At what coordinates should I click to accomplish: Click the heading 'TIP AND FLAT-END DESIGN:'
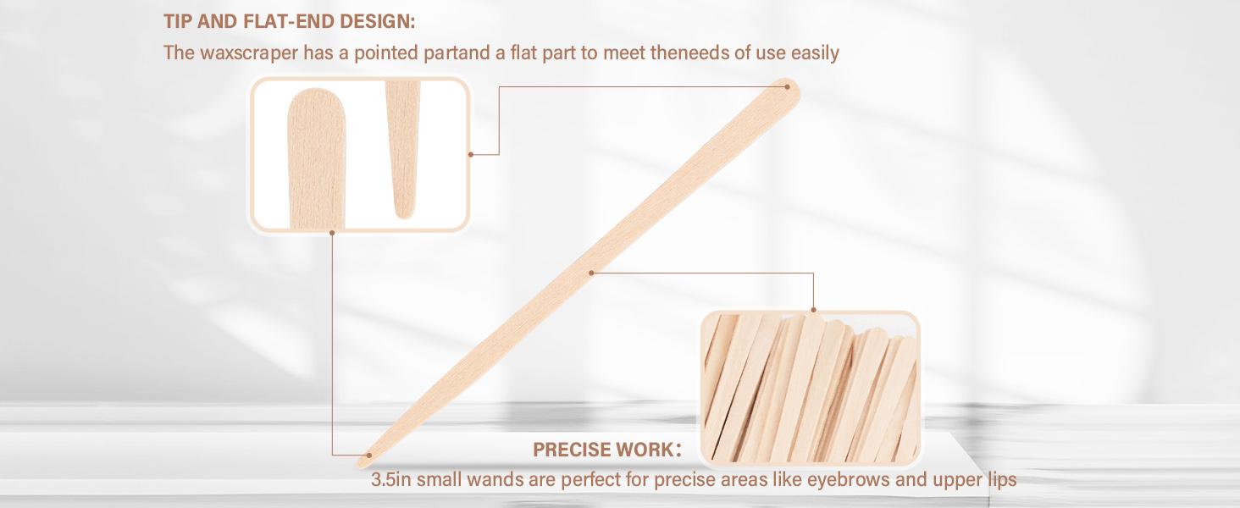tap(289, 22)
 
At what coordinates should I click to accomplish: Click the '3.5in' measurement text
tap(392, 480)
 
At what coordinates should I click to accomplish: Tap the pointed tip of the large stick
tap(366, 459)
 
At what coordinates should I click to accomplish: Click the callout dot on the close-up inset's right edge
tap(471, 154)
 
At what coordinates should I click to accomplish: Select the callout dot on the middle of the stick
tap(592, 272)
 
